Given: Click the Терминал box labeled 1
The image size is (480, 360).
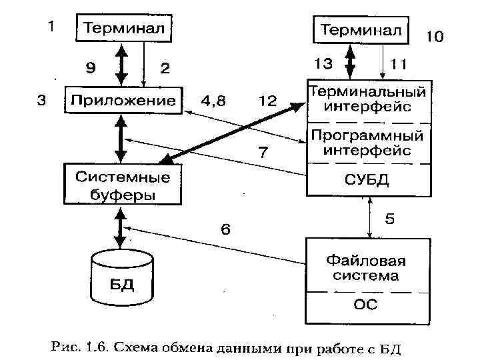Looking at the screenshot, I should point(124,29).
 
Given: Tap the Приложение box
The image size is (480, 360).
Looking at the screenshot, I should point(123,101).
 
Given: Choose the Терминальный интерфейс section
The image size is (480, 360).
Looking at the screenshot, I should point(366,99).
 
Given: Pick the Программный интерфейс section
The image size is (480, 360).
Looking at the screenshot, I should point(366,143).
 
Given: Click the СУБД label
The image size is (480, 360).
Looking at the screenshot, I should point(366,180).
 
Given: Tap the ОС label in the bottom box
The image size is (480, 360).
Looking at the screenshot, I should point(366,305).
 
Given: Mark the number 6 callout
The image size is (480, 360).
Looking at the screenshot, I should point(226,229).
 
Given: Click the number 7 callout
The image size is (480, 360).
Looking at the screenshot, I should point(263,153).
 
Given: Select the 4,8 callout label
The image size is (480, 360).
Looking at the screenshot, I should point(213,101).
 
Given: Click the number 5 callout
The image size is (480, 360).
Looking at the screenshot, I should point(390,218).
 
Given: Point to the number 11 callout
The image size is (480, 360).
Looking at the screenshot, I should point(399,64).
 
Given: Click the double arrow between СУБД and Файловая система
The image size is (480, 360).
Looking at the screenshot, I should point(371,217).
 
